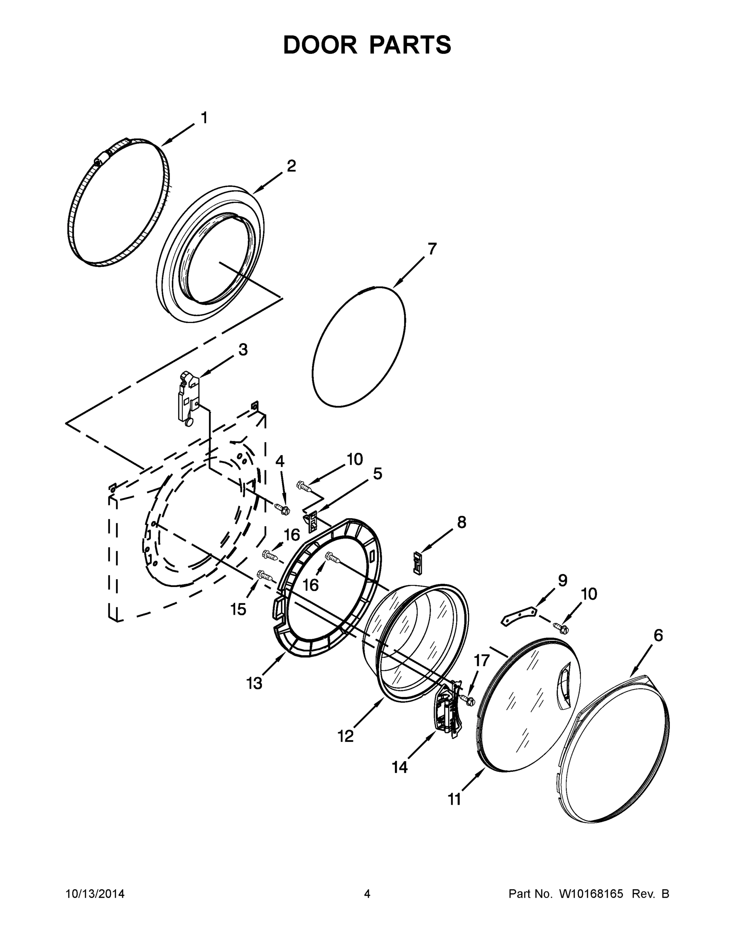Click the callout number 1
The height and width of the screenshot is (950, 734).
point(204,118)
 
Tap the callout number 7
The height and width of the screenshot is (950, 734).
point(431,249)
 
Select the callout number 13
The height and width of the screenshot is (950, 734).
point(254,683)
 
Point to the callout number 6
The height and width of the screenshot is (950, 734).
point(658,635)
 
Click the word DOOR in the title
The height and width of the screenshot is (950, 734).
point(320,45)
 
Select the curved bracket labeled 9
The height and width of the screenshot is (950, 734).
point(519,616)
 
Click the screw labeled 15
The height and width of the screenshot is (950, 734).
point(265,576)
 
